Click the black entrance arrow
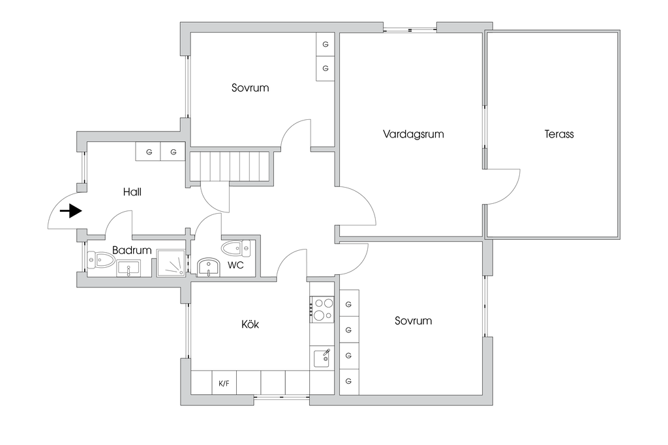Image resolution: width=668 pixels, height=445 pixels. coord(70,211)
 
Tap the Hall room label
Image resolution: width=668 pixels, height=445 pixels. coord(132,192)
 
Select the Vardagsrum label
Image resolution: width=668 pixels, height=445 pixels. coord(413,134)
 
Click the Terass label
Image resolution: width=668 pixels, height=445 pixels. coord(559,134)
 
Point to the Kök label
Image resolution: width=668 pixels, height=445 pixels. coord(250,324)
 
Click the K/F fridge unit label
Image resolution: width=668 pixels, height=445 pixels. coord(224,383)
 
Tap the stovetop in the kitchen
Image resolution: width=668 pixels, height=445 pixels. coord(322,309)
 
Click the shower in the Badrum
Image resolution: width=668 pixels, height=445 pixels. coord(172,263)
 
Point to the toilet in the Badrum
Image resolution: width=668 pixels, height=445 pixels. coord(100,259)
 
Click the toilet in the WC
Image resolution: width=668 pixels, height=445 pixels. coord(236,248)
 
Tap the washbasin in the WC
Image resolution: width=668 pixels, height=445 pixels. coord(208,267)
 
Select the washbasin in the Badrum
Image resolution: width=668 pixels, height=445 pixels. coord(129,269)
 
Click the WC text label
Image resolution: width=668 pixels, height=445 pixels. coord(235,265)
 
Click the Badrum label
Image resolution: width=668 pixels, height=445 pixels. coord(132,250)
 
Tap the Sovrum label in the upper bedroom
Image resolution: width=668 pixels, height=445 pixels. coord(250,88)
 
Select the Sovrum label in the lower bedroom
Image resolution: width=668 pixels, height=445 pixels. coord(413,321)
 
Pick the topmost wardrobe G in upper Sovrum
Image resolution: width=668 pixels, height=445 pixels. coord(326,44)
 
